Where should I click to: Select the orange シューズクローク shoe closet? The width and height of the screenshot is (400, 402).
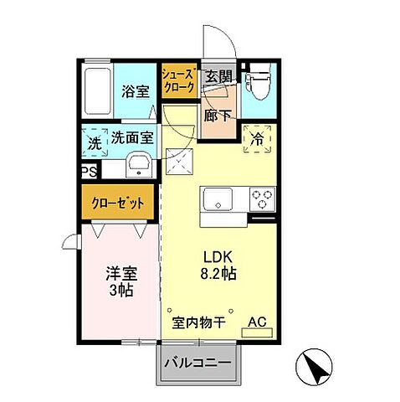coord(178,80)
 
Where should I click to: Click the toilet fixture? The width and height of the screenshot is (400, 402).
coord(258,82)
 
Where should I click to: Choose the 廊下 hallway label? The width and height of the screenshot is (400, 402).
coord(219,115)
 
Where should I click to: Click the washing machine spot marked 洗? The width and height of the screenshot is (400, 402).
coord(95,143)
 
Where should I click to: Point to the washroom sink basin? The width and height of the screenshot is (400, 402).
coord(138,165)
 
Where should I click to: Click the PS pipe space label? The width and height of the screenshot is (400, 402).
coord(88,173)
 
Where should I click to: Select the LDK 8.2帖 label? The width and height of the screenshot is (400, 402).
coord(218,265)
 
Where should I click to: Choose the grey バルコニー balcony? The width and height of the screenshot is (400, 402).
coord(202,364)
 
